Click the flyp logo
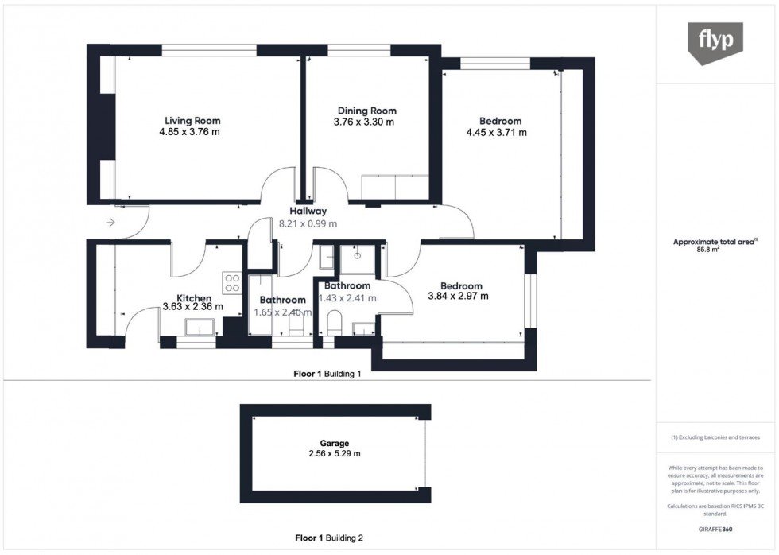point(715,42)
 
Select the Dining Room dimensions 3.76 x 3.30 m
point(365,122)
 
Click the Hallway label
point(308,212)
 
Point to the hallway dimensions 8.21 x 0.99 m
point(308,224)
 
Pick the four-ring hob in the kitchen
point(233,284)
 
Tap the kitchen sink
point(198,328)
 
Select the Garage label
point(335,443)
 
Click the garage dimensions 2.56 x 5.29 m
point(335,454)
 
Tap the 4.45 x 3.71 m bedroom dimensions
point(495,133)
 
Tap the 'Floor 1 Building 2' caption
point(327,538)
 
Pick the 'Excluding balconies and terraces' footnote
point(715,438)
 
